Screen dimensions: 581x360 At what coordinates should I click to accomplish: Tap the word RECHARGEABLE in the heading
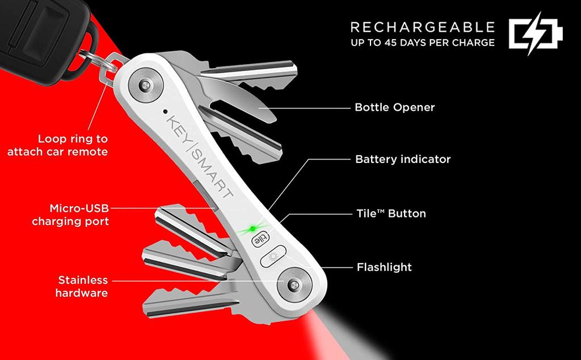tap(423, 27)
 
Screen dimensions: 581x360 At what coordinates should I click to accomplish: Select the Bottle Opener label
tap(395, 107)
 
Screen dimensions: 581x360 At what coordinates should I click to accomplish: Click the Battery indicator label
tap(403, 159)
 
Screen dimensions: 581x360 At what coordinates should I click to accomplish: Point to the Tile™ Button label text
tap(391, 214)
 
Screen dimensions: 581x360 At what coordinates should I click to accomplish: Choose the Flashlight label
tap(384, 267)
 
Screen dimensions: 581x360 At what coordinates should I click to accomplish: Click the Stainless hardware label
tap(82, 286)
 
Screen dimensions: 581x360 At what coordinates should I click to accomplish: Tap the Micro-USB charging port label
tap(70, 215)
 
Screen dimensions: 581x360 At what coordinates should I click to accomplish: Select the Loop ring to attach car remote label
tap(58, 145)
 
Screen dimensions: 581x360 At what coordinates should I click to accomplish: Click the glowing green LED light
tap(252, 228)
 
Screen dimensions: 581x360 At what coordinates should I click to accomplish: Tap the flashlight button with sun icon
tap(273, 256)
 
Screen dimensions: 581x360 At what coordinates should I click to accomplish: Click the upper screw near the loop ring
tap(146, 86)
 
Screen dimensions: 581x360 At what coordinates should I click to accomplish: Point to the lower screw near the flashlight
tap(294, 285)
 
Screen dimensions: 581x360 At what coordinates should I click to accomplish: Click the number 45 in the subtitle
tap(392, 43)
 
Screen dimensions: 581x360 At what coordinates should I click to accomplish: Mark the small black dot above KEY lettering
tap(165, 111)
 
